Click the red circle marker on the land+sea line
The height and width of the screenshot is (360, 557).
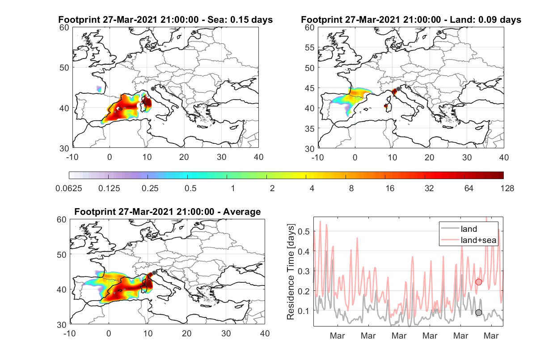tap(479, 282)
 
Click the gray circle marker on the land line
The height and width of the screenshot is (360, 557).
tap(479, 313)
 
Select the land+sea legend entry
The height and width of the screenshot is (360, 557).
tap(468, 240)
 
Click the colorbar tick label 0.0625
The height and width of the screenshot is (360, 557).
tap(69, 188)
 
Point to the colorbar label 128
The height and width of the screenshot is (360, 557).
tap(507, 188)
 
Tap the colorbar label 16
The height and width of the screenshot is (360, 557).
tap(390, 188)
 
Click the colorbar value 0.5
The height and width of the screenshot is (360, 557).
tap(190, 188)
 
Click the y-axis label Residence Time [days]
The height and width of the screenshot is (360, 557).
tap(291, 272)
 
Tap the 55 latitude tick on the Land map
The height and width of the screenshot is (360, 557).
tap(310, 47)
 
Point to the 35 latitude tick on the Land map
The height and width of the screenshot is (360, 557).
tap(310, 129)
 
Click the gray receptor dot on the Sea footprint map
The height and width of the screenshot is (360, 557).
tap(153, 89)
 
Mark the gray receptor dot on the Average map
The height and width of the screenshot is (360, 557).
tap(154, 273)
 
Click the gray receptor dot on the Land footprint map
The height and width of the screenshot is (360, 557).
tap(398, 89)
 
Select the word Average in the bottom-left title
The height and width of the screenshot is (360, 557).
tap(242, 212)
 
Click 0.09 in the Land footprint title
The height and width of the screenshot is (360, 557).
tap(487, 20)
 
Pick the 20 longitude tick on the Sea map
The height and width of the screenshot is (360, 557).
tap(184, 157)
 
